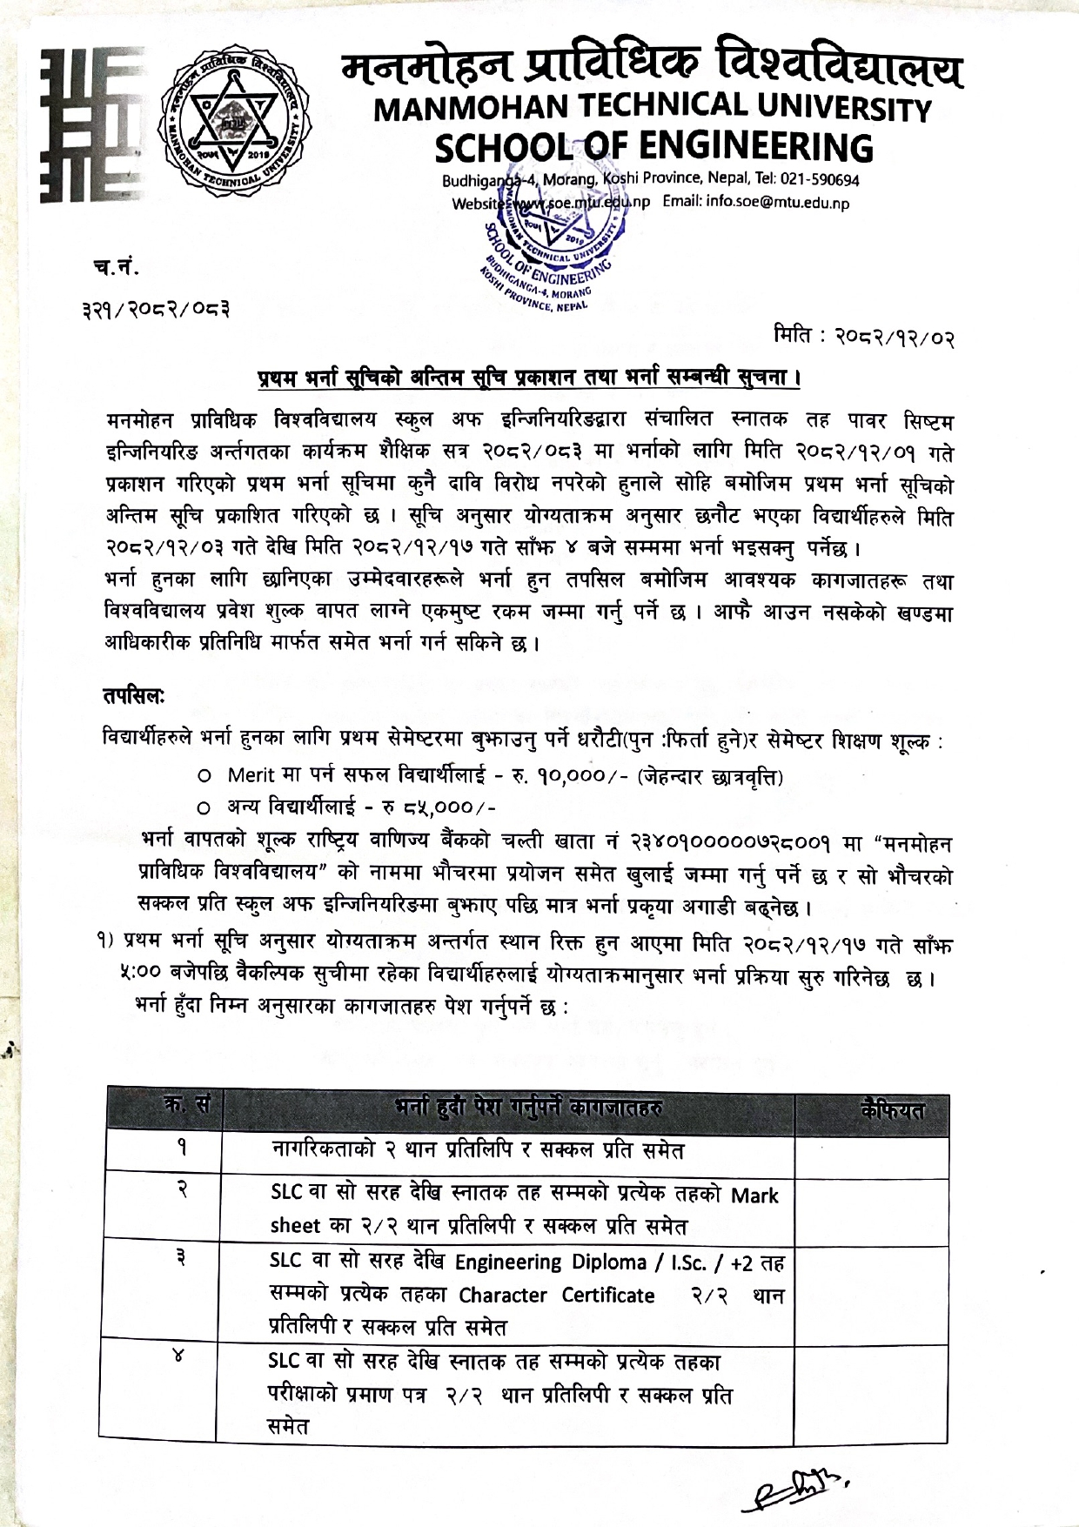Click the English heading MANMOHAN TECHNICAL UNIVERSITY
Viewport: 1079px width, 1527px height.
point(651,109)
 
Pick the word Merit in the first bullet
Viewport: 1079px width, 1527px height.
point(251,774)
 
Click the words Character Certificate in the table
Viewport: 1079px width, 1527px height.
point(557,1296)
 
